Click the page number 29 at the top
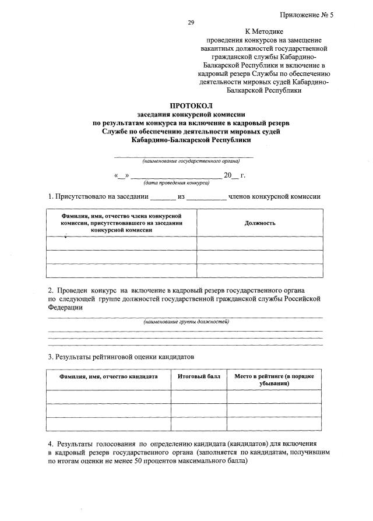click(191, 23)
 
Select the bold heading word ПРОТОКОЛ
click(191, 105)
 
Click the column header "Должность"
click(260, 223)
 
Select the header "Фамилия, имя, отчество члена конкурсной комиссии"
click(121, 223)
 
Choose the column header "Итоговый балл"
click(199, 376)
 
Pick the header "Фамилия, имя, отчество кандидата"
click(108, 376)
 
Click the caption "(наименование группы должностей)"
click(186, 321)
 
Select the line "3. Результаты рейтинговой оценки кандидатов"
click(121, 356)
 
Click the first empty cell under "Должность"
click(260, 243)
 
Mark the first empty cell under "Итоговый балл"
click(199, 397)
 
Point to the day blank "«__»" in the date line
click(121, 175)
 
